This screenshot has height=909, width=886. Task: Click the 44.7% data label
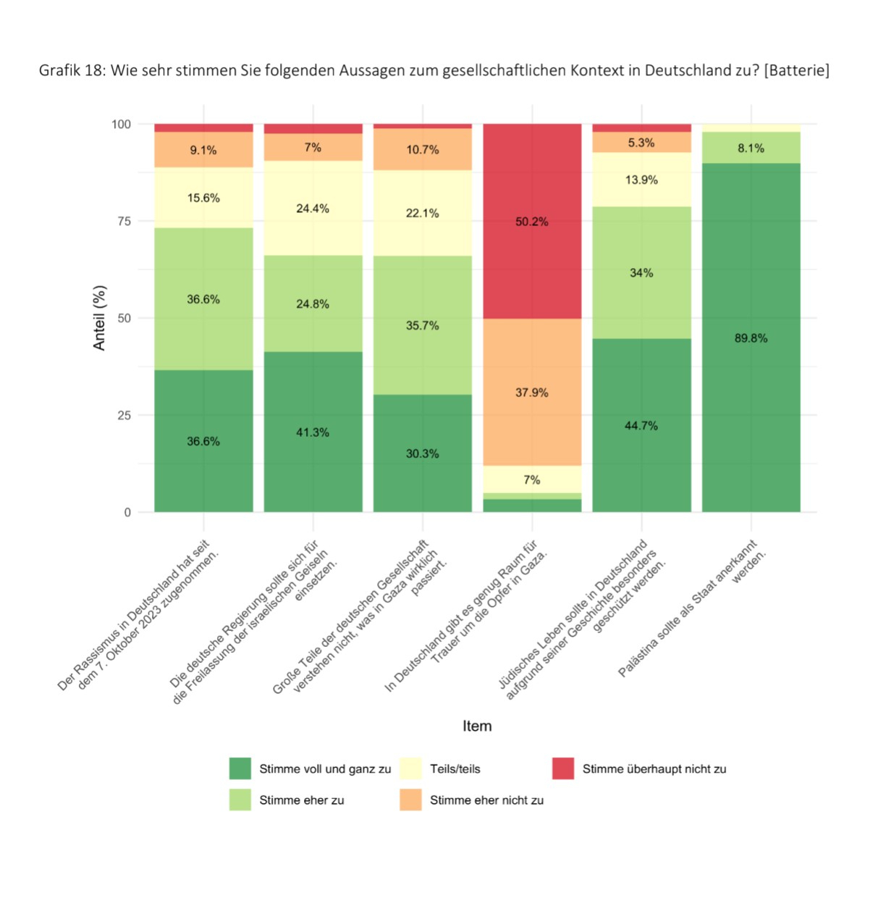click(641, 426)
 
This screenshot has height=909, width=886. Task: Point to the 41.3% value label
click(313, 432)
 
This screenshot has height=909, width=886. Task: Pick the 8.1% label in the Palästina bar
click(751, 148)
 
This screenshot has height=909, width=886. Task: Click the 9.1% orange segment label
click(203, 151)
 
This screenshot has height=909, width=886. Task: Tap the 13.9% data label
click(641, 180)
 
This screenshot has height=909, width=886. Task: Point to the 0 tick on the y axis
click(127, 513)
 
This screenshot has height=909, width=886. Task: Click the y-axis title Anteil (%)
click(99, 318)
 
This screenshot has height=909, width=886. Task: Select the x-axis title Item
click(477, 726)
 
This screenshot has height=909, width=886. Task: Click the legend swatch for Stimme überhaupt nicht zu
click(562, 768)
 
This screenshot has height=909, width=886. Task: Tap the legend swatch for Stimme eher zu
click(240, 800)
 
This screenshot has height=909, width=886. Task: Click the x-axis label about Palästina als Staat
click(691, 608)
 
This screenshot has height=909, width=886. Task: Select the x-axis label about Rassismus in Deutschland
click(138, 616)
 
